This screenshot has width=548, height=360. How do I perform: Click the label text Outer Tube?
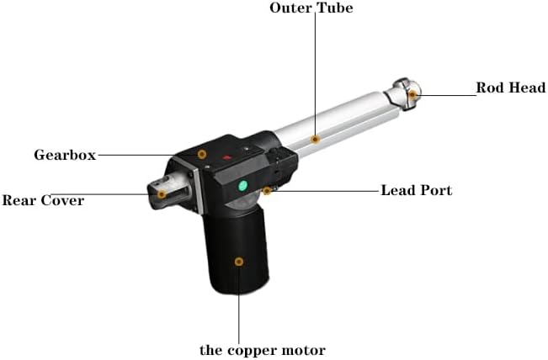[311, 8]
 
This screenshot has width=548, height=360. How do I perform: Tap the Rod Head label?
[510, 87]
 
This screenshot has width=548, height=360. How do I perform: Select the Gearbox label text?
[64, 155]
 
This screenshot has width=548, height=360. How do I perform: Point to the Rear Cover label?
[43, 201]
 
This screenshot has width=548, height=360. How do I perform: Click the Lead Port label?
[416, 190]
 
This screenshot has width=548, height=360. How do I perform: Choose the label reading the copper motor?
[262, 350]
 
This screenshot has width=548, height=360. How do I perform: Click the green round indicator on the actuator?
[243, 185]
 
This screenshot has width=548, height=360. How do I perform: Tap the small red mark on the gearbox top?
[226, 157]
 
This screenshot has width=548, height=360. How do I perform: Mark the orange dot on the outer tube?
[315, 139]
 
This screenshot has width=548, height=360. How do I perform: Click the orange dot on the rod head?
[412, 96]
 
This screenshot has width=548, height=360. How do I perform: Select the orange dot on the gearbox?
[202, 154]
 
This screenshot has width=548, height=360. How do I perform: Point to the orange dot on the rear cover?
[162, 194]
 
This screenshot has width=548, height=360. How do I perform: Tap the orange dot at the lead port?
[266, 191]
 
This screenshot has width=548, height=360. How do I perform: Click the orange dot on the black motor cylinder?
[239, 262]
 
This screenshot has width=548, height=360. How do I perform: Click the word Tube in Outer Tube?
[333, 8]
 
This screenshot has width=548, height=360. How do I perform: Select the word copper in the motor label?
[252, 350]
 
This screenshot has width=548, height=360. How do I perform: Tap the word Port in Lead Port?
[436, 190]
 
